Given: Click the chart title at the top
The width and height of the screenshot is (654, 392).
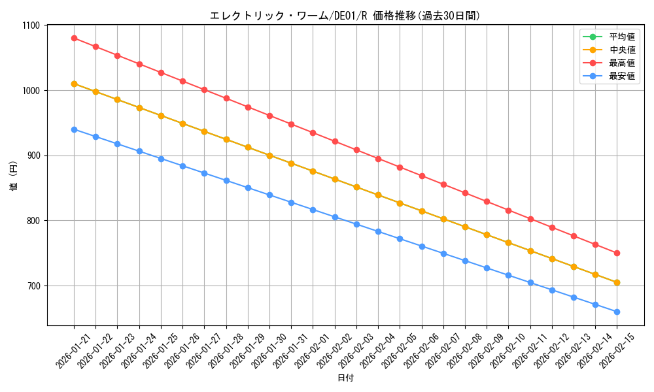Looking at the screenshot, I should coord(345,16).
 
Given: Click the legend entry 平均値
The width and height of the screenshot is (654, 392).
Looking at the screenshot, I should coord(621,37).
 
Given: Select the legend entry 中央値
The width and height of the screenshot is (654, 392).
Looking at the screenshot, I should coord(621,50).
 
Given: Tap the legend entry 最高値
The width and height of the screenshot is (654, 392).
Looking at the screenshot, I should coord(621,63).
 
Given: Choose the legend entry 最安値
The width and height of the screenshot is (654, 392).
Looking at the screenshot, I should coord(621,76).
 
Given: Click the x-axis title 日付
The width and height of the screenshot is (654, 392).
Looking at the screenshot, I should coord(345,378).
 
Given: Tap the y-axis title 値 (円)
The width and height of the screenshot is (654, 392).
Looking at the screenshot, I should coord(14,176).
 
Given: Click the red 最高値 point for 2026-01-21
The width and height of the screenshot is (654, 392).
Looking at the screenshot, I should coord(74,38).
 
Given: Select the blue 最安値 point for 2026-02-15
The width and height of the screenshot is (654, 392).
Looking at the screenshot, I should coord(617,312).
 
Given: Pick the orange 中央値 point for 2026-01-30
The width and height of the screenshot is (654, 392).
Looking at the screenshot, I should coord(269,155).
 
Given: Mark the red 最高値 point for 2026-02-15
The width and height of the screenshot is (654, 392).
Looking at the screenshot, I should coord(617,253).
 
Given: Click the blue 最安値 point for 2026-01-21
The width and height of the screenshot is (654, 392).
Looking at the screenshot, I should coord(74,129).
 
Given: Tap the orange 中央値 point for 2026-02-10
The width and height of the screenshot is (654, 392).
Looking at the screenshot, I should coord(508,242).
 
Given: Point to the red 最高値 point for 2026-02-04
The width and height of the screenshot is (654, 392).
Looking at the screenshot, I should coord(378,159).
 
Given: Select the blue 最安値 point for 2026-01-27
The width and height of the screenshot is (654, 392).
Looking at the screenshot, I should coord(204,173).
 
